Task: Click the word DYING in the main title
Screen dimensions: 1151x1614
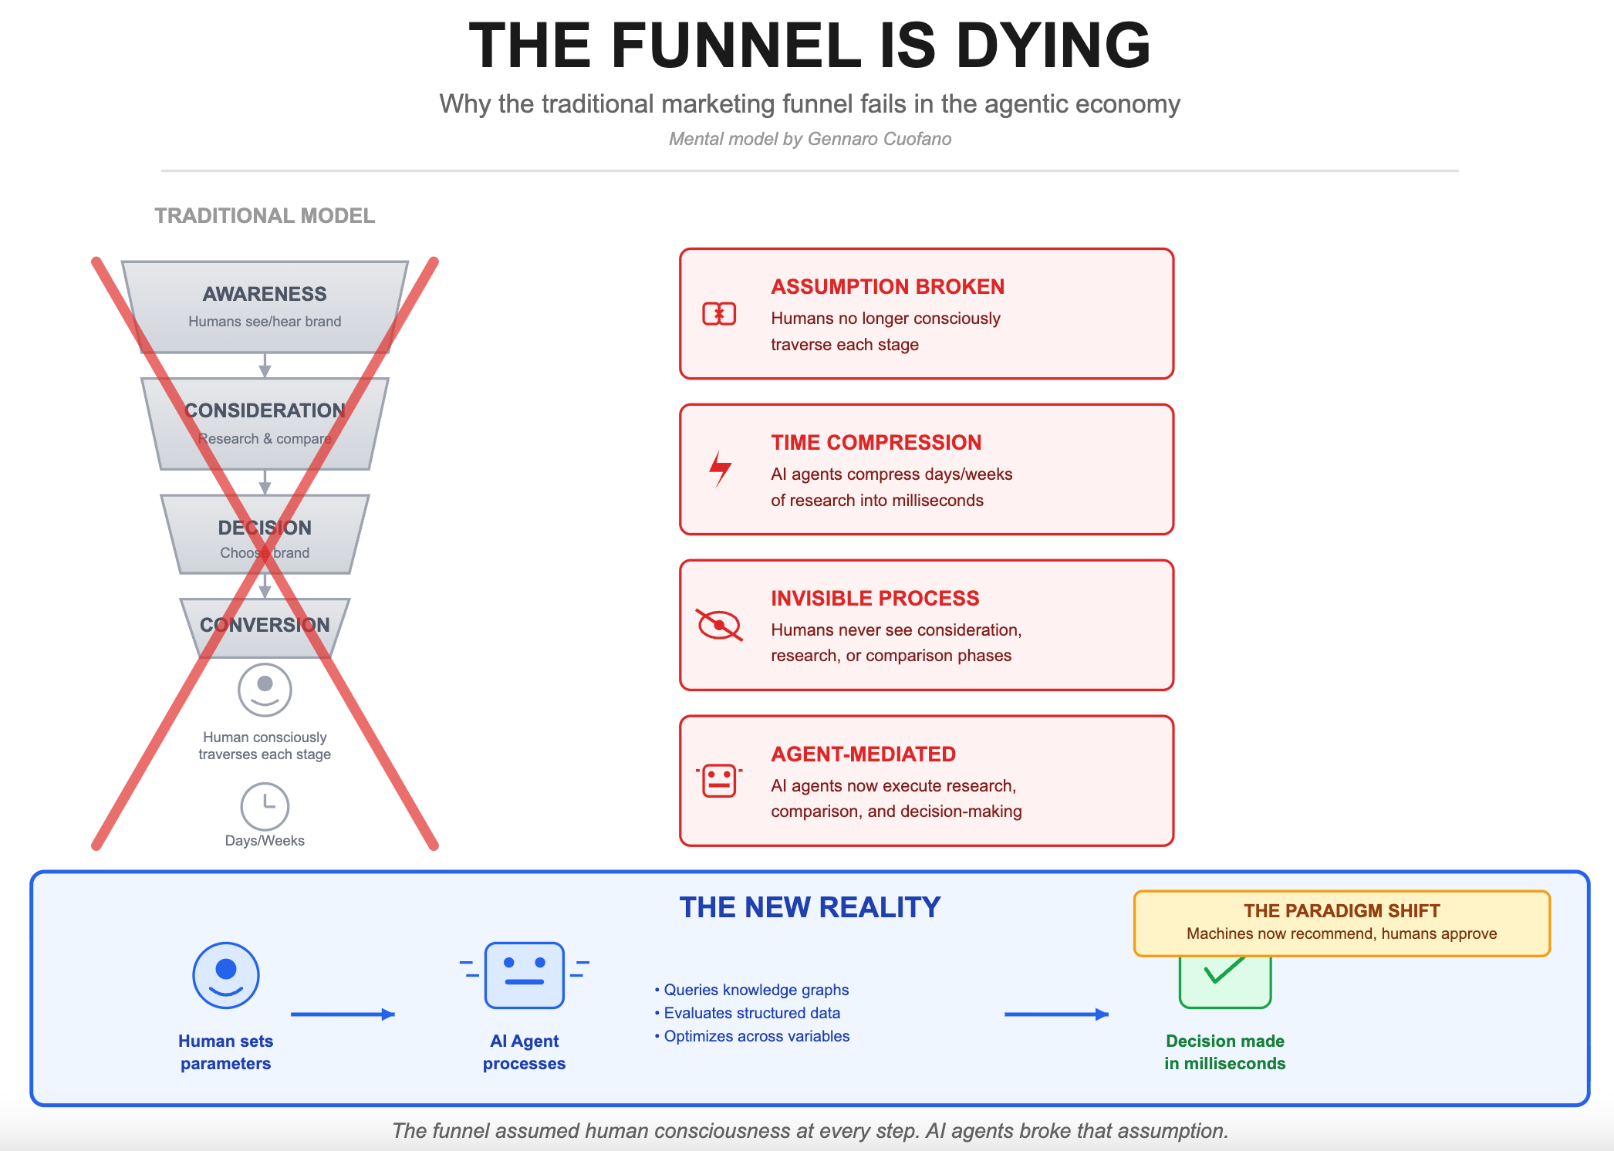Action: [x=1053, y=46]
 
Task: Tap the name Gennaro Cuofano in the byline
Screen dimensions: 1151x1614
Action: [x=879, y=139]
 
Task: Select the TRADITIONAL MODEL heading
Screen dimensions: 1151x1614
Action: [x=265, y=216]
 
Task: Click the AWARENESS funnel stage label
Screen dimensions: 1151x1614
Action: [x=265, y=294]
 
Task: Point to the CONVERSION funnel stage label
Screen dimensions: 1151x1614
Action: [x=265, y=625]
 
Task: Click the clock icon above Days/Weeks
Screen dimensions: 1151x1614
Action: [x=265, y=806]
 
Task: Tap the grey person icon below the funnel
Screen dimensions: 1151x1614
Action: [x=265, y=690]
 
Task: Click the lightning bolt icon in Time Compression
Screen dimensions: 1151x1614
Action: [x=720, y=468]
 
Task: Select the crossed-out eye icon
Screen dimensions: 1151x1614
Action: [x=719, y=625]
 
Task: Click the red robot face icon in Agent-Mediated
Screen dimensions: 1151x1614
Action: [x=719, y=780]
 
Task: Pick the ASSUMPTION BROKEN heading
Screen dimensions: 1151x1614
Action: [x=887, y=287]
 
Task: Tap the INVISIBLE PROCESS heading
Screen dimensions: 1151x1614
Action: [x=875, y=599]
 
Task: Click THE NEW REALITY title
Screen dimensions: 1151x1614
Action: [x=809, y=907]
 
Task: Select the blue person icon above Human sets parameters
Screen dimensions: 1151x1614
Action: [x=226, y=975]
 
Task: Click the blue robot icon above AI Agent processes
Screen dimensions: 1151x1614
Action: [x=525, y=974]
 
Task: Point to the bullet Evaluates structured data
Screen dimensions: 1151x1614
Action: [x=751, y=1013]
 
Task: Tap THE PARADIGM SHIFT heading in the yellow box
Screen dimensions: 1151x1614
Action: [x=1342, y=911]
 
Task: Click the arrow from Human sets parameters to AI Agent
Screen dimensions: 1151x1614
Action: [x=343, y=1014]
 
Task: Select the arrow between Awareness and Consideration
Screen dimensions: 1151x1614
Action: [x=265, y=366]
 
